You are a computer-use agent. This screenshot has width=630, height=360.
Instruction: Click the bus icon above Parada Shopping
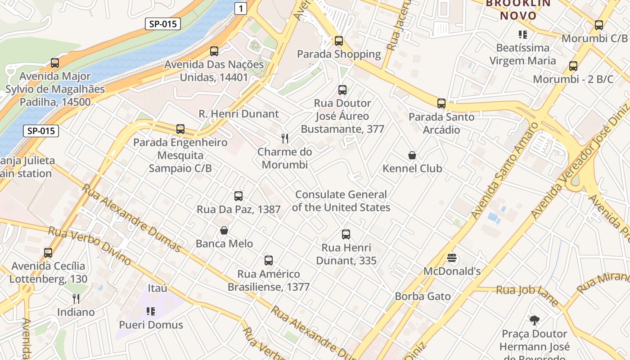pos(339,41)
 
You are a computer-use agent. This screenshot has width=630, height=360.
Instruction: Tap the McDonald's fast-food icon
pos(452,258)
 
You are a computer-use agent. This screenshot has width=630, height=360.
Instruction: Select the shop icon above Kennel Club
pos(412,156)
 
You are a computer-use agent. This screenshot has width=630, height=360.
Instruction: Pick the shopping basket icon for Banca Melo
pos(224,231)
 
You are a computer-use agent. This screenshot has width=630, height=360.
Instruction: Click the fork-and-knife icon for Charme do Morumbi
pos(285,138)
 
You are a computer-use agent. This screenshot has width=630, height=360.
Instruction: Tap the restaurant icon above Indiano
pos(76,298)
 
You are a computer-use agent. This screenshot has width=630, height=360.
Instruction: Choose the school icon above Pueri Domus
pos(151,311)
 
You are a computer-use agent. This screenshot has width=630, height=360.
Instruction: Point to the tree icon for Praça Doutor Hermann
pos(535,321)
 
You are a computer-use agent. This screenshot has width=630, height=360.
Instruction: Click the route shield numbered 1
pos(241,8)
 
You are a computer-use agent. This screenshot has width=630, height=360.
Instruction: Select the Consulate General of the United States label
pos(341,201)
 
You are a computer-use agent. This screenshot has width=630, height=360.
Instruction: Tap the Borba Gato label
pos(423,296)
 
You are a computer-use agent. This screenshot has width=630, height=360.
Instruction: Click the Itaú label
pos(157,288)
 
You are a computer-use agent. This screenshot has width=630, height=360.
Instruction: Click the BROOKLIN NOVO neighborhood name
pos(518,9)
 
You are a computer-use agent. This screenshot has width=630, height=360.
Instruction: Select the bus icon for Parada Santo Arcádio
pos(441,103)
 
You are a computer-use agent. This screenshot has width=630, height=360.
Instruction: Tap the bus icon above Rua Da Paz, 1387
pos(238,196)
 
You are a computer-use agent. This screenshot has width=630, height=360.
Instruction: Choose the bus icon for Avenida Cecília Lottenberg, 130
pos(48,253)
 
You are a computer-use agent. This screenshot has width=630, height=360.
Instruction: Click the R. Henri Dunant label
pos(238,114)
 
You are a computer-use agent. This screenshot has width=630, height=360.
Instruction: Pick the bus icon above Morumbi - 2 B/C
pos(573,67)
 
